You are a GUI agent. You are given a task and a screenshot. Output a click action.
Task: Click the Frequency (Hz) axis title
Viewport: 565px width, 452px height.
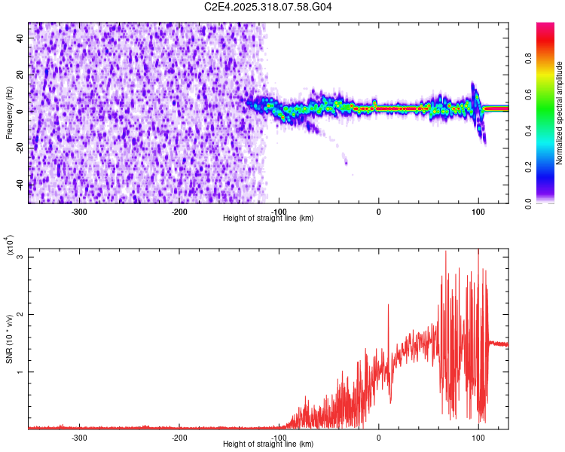pyautogui.click(x=9, y=113)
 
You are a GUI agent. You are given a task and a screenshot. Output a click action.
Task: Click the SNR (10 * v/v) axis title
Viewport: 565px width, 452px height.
pyautogui.click(x=10, y=340)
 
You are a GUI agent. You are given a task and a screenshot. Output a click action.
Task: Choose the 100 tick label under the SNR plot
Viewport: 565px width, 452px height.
pyautogui.click(x=478, y=437)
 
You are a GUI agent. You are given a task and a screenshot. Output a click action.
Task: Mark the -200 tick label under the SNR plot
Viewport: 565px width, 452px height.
pyautogui.click(x=179, y=437)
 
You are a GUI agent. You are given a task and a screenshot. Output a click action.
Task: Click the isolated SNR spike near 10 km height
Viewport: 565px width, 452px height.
pyautogui.click(x=388, y=305)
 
